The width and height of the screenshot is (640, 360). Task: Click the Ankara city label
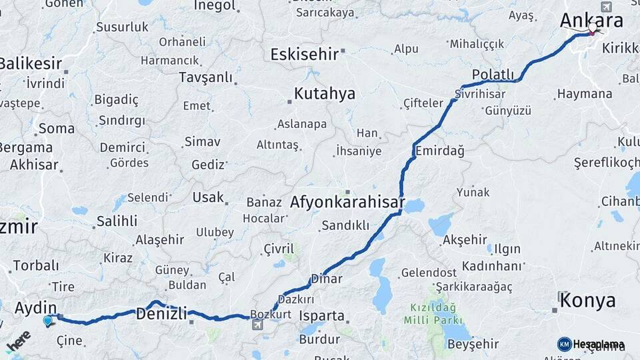[591, 21]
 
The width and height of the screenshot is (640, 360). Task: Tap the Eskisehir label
[304, 54]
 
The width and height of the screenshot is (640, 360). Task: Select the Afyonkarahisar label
[347, 201]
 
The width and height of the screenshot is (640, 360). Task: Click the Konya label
[587, 301]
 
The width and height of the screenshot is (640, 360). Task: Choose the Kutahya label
[325, 93]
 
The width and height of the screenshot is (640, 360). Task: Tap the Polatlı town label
[493, 74]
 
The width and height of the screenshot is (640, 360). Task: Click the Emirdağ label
[439, 151]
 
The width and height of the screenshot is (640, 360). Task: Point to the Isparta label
[322, 315]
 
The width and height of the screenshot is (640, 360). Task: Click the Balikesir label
[30, 64]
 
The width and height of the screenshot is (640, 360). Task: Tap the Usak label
[208, 197]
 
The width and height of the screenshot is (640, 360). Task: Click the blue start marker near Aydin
[47, 321]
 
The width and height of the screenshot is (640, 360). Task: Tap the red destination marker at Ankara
[593, 30]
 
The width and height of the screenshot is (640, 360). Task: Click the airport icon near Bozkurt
[257, 325]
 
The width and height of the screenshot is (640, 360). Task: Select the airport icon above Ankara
[606, 7]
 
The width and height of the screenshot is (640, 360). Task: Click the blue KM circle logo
[564, 344]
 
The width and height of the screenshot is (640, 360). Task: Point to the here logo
[18, 342]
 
